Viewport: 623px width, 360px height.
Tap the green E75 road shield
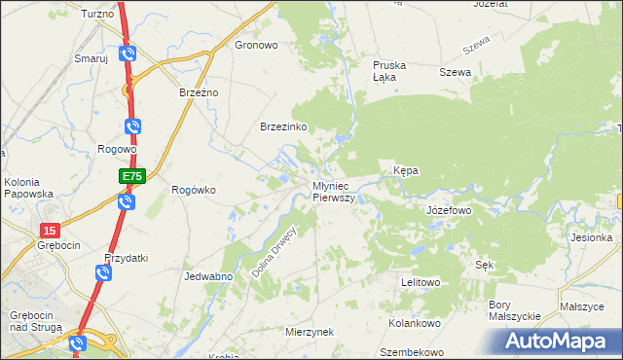coord(132,176)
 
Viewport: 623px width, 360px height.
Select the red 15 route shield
coord(51,230)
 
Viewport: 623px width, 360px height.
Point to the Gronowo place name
coord(257,45)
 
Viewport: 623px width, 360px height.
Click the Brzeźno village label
coord(200,92)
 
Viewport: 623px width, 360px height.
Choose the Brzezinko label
coord(284,127)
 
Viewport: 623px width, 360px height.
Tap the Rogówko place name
coord(193,190)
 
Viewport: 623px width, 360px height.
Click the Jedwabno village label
coord(207,276)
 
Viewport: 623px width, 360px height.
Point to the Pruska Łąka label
coord(389,71)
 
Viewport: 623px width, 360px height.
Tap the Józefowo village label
coord(449,209)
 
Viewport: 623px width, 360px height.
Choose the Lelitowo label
coord(421,282)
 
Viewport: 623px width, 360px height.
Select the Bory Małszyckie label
coord(513,310)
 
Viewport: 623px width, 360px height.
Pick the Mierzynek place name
coord(310,332)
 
